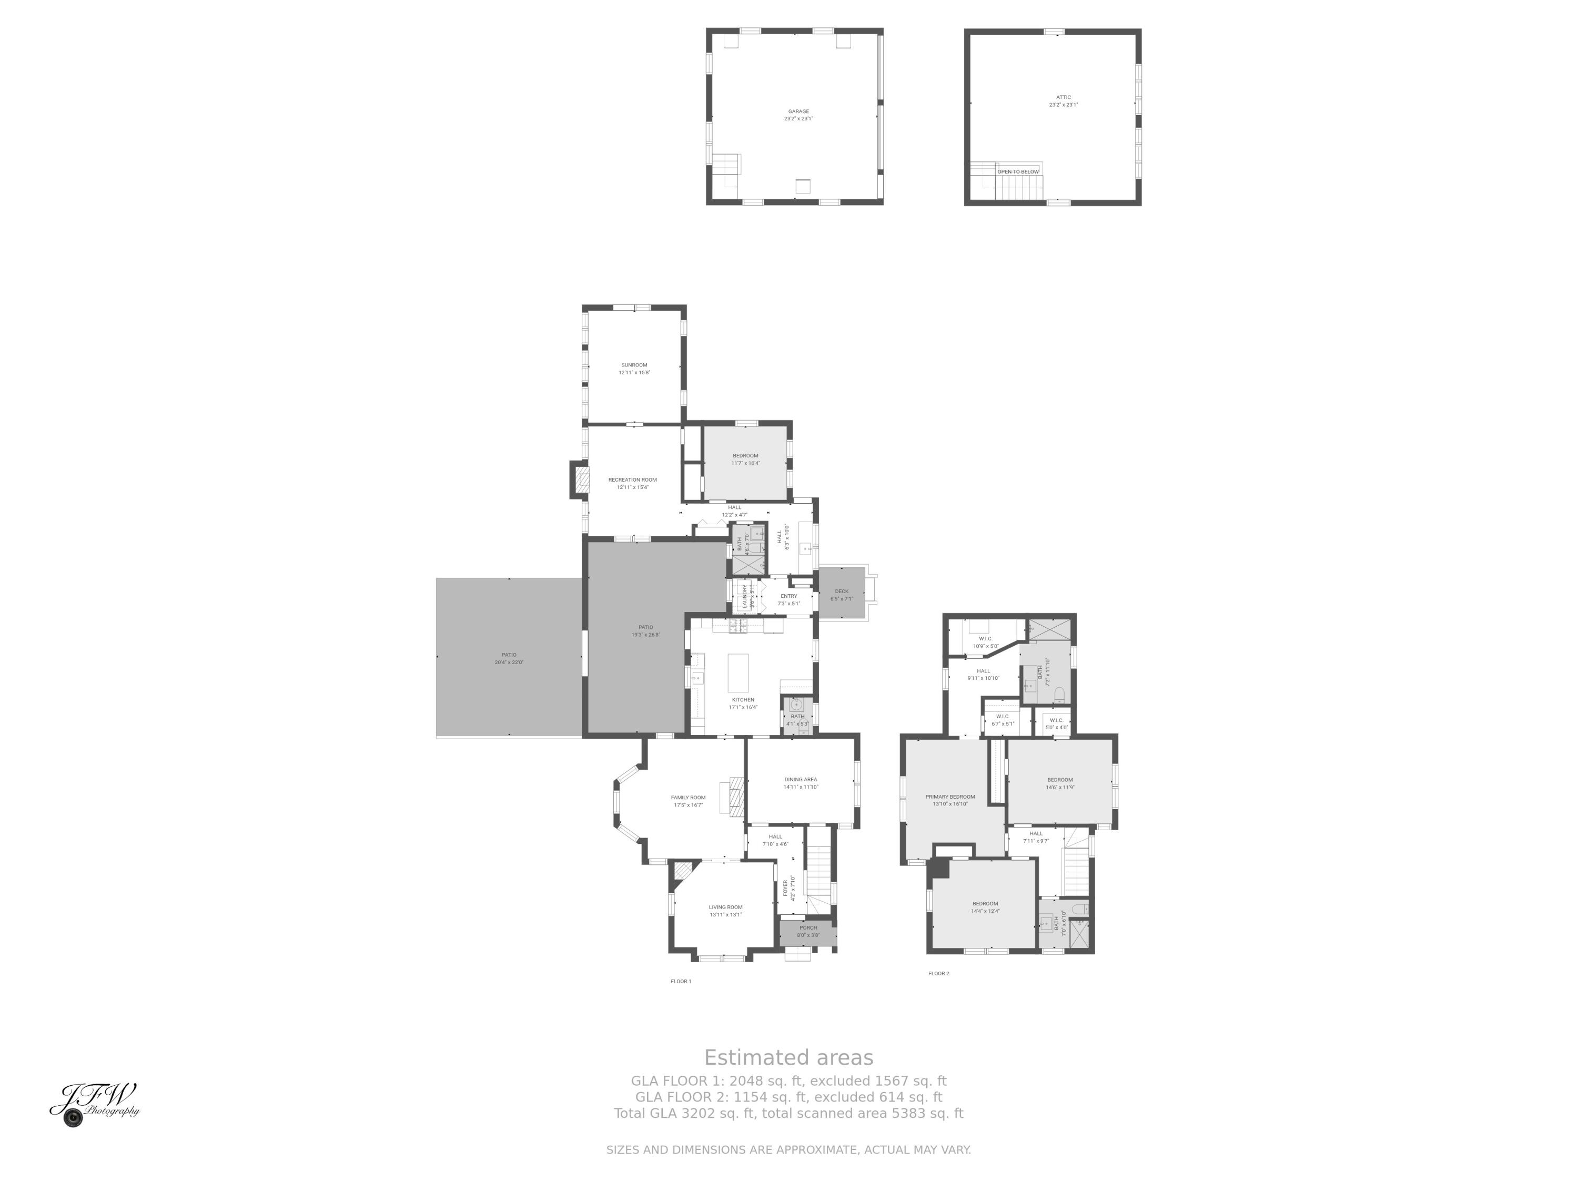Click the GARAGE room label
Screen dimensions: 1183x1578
pyautogui.click(x=798, y=111)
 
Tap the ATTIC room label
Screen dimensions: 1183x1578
pyautogui.click(x=1063, y=97)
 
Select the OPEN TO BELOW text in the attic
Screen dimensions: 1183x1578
pyautogui.click(x=1018, y=172)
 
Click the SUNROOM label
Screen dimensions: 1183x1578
pyautogui.click(x=634, y=365)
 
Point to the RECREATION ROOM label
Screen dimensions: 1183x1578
pyautogui.click(x=632, y=480)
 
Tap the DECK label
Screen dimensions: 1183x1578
pyautogui.click(x=842, y=591)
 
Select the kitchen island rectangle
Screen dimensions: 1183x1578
pyautogui.click(x=739, y=672)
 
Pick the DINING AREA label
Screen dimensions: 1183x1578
pyautogui.click(x=801, y=779)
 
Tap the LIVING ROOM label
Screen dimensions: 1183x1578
pyautogui.click(x=725, y=907)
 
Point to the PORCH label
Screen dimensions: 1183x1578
pyautogui.click(x=808, y=927)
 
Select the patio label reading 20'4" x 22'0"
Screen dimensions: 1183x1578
pyautogui.click(x=509, y=662)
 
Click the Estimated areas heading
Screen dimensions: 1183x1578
pyautogui.click(x=788, y=1057)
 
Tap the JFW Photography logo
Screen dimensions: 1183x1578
pyautogui.click(x=95, y=1104)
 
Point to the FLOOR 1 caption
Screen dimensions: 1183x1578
pyautogui.click(x=681, y=981)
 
